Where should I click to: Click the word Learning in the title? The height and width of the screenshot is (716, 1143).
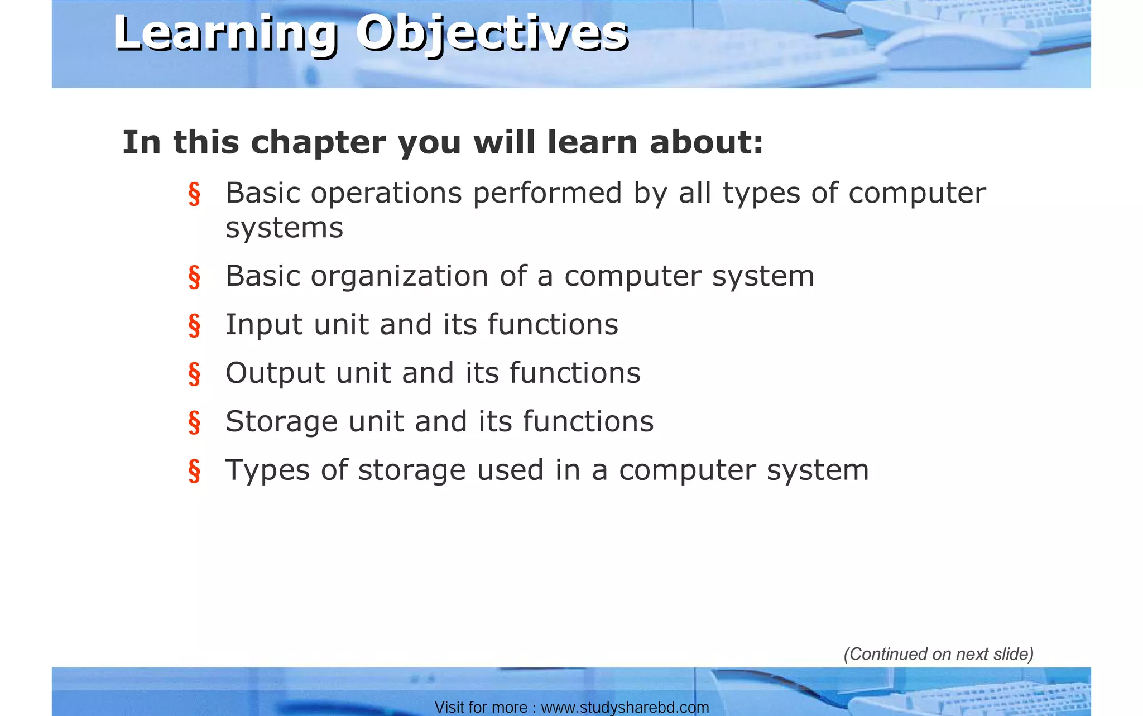225,33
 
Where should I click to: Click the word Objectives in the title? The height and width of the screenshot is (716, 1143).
492,33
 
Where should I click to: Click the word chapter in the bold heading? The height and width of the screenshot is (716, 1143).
318,143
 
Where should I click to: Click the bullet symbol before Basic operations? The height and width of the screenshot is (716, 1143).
194,194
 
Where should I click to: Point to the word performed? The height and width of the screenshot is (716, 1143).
547,193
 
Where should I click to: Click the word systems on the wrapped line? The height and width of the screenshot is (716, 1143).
284,228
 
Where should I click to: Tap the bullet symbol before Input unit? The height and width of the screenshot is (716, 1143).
194,325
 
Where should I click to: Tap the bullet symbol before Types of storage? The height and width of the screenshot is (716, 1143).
194,471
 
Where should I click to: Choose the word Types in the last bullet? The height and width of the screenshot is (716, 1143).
266,470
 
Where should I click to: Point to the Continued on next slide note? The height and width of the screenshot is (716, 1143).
938,654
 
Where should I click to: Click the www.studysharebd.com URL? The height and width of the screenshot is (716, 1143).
625,708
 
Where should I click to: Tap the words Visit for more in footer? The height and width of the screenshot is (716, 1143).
481,708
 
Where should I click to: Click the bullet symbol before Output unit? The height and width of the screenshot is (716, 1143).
194,374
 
